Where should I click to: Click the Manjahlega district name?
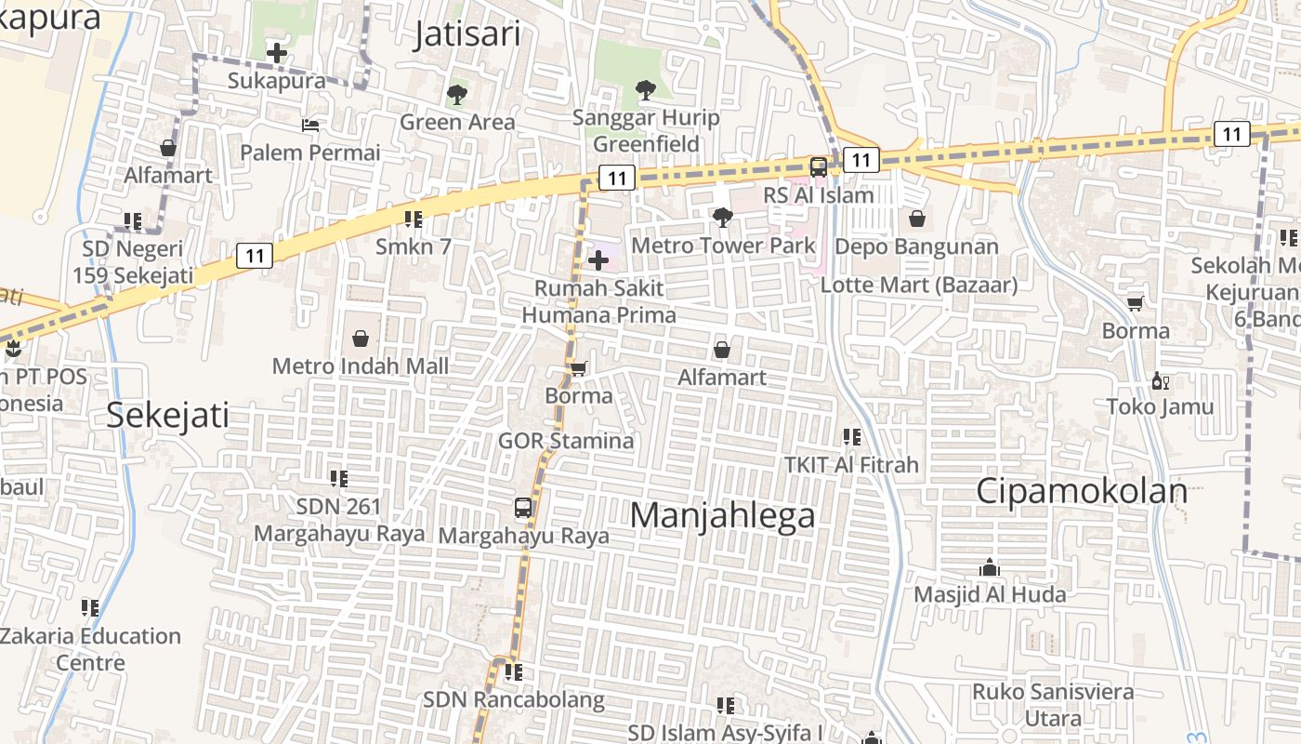click(x=722, y=515)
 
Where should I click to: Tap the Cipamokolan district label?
click(x=1082, y=491)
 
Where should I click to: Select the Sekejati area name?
click(x=167, y=415)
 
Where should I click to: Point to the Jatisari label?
click(x=467, y=33)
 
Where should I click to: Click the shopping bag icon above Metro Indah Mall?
click(x=361, y=339)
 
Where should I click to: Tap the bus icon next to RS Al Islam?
click(x=818, y=167)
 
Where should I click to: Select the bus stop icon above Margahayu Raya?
click(x=523, y=508)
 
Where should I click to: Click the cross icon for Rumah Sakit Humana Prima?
click(x=598, y=260)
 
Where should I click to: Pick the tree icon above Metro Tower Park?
click(x=722, y=218)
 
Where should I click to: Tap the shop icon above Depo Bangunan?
click(x=917, y=219)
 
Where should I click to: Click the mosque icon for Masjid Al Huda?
click(x=990, y=567)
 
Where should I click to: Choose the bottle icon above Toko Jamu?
click(x=1160, y=380)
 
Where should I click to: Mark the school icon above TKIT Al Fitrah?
click(x=851, y=436)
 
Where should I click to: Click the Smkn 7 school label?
click(x=414, y=246)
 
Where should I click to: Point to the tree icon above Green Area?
click(x=456, y=94)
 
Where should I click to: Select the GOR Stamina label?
click(x=566, y=440)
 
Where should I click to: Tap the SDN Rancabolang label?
click(x=514, y=699)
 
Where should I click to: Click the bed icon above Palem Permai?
click(x=310, y=125)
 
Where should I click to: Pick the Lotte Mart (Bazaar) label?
click(x=918, y=285)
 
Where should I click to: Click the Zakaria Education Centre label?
click(x=90, y=649)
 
